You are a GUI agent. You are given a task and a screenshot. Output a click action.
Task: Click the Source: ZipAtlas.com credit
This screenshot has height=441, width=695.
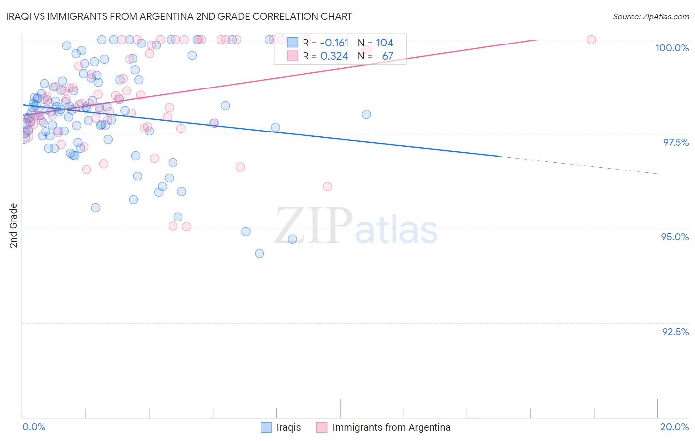[x=651, y=17]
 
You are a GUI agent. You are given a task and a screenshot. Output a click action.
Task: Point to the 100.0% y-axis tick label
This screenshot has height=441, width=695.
[x=672, y=48]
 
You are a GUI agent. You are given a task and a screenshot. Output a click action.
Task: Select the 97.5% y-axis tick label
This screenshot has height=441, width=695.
[x=675, y=142]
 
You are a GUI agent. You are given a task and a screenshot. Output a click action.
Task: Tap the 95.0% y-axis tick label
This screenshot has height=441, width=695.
[x=675, y=237]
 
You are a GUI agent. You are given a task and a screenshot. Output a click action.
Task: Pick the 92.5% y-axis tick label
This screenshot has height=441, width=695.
[x=675, y=332]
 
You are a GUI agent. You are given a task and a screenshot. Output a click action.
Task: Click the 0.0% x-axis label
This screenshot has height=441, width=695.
[x=34, y=427]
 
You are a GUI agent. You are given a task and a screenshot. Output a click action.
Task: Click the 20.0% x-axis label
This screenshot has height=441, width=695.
[x=674, y=427]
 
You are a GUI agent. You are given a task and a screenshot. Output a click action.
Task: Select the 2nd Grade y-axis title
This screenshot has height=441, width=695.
[x=14, y=225]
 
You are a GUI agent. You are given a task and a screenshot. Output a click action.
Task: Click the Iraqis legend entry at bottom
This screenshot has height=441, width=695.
[x=288, y=427]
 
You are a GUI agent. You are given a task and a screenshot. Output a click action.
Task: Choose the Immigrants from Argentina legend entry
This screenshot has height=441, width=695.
[x=391, y=427]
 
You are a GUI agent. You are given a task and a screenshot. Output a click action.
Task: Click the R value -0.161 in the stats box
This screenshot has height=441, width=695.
[x=334, y=43]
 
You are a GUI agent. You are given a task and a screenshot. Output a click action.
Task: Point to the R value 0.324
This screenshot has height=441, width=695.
[x=334, y=56]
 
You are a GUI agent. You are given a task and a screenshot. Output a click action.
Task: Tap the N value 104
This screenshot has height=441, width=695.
[x=385, y=43]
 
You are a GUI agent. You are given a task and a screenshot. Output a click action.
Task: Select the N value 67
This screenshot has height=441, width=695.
[x=388, y=56]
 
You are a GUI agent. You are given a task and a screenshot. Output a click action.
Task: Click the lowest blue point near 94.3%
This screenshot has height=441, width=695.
[x=260, y=254]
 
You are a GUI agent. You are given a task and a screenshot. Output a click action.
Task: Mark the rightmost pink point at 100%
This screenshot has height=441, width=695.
[x=591, y=40]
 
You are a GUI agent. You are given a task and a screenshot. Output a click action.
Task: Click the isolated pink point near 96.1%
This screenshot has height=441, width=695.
[x=327, y=186]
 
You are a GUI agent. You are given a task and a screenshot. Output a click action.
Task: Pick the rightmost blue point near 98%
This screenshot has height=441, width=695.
[x=366, y=114]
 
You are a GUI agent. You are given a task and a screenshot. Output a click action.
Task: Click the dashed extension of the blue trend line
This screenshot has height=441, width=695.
[x=578, y=165]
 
